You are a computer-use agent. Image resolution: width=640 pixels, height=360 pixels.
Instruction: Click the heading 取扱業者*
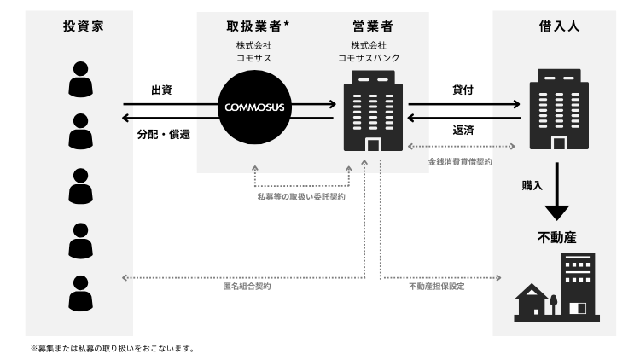coord(256,26)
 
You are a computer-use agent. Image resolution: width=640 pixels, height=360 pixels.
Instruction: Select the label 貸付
coord(464,89)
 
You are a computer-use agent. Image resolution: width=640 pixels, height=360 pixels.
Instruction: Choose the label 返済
coord(464,130)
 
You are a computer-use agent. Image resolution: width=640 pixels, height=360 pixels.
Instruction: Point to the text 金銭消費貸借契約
coord(460,160)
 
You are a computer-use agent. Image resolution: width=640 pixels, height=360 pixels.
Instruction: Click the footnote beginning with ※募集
coord(114,348)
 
